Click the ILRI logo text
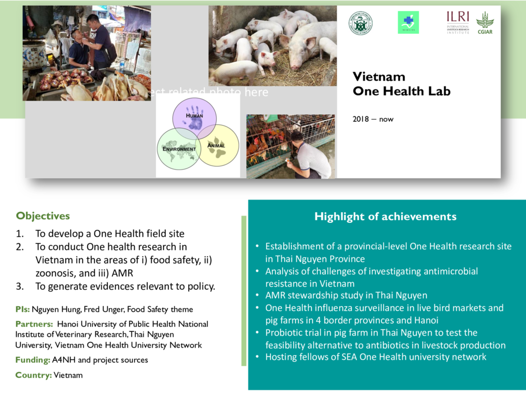(458, 16)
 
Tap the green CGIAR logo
(484, 23)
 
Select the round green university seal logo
(360, 23)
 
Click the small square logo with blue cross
(408, 22)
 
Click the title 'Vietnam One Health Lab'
(401, 84)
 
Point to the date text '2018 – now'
(373, 119)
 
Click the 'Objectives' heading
(43, 216)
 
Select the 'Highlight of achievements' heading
(385, 216)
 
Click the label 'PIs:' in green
(23, 310)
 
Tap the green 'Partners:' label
(34, 324)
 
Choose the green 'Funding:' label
(33, 360)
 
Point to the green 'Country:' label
(33, 375)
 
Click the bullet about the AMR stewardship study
(346, 295)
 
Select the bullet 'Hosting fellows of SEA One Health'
(376, 357)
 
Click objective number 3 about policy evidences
(125, 287)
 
